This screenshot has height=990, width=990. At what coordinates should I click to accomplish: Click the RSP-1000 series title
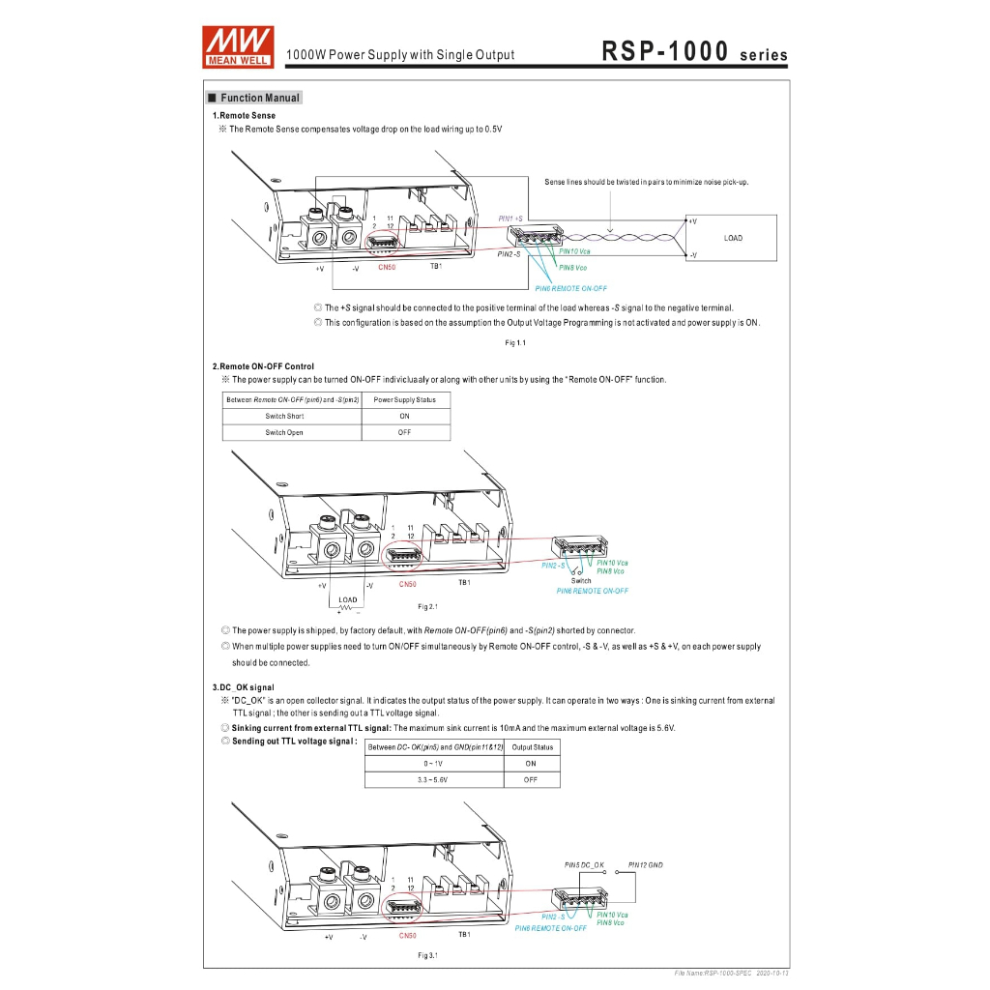[694, 52]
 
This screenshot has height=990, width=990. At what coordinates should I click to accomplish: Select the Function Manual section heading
[255, 98]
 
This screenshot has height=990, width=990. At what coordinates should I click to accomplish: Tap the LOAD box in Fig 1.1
[733, 238]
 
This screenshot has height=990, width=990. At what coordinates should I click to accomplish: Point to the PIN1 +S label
[510, 218]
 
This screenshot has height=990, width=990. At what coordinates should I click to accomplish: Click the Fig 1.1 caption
[515, 342]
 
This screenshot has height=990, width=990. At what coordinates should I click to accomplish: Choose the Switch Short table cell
[284, 416]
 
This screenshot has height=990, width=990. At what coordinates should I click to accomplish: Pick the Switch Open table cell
[284, 432]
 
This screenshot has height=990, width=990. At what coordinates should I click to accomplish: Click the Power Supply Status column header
[404, 399]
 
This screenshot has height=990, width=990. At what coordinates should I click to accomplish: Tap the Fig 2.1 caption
[427, 606]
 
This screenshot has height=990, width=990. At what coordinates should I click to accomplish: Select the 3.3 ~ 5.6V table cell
[433, 779]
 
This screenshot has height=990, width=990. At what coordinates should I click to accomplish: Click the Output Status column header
[532, 747]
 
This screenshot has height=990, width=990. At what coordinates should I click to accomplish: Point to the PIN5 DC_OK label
[584, 864]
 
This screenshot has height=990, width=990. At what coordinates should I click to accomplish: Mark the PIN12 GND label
[646, 864]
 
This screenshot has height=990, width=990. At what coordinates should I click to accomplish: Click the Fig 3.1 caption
[427, 956]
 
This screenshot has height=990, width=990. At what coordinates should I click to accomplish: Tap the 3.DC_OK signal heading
[236, 687]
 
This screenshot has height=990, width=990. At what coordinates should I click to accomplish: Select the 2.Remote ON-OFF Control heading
[263, 366]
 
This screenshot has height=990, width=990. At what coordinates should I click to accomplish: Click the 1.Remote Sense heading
[244, 115]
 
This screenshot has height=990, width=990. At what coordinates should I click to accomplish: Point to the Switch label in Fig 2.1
[581, 581]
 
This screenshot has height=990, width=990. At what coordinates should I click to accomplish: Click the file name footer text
[731, 974]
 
